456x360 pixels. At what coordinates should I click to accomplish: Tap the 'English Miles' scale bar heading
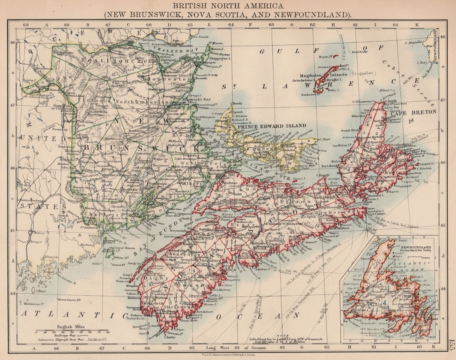71,326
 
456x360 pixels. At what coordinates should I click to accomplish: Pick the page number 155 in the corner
451,345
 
